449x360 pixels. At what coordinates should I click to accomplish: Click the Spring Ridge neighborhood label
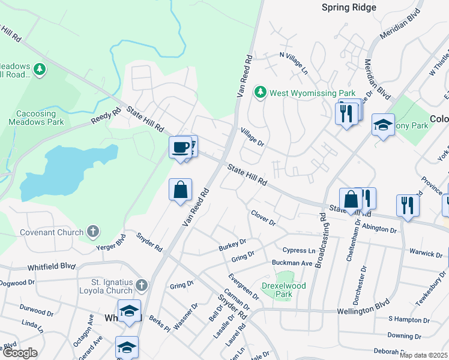349,7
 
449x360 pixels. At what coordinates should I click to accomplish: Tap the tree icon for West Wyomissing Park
261,92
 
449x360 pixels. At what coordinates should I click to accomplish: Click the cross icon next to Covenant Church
92,231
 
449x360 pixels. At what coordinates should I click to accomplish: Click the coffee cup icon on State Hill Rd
180,147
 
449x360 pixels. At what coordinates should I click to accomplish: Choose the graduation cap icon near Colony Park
383,125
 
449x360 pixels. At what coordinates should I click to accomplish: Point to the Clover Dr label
263,218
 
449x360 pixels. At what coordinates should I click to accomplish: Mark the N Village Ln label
294,62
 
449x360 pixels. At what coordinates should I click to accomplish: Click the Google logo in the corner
19,353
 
